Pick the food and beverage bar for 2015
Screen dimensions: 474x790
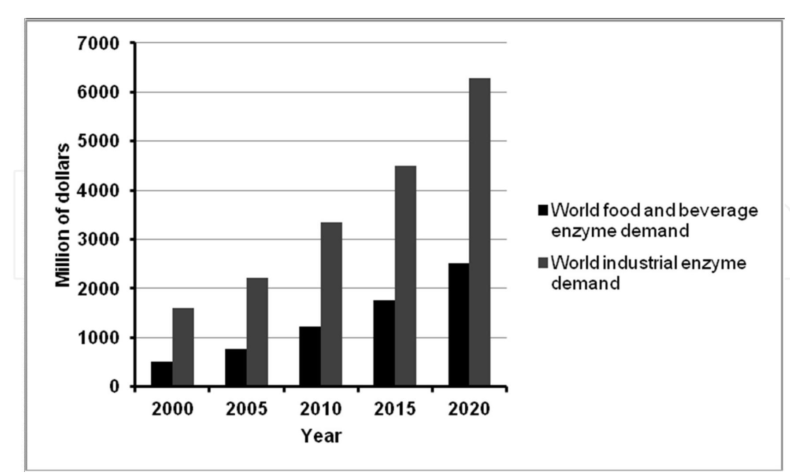(384, 343)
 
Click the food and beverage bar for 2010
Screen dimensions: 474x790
(310, 356)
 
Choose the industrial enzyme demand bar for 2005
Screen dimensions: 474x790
(257, 332)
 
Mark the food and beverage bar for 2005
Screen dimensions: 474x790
(236, 367)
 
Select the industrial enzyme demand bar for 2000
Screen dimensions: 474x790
(183, 347)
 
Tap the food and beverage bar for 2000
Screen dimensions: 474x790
(162, 374)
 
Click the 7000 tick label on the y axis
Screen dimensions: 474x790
(98, 44)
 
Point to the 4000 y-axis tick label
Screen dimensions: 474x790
(98, 191)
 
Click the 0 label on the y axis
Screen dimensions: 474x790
(114, 386)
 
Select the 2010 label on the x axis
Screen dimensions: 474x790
(321, 409)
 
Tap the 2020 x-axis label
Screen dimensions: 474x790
(469, 409)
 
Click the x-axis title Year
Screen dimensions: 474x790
(321, 436)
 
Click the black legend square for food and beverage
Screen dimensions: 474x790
(543, 210)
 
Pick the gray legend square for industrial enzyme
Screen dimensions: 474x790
(543, 263)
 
